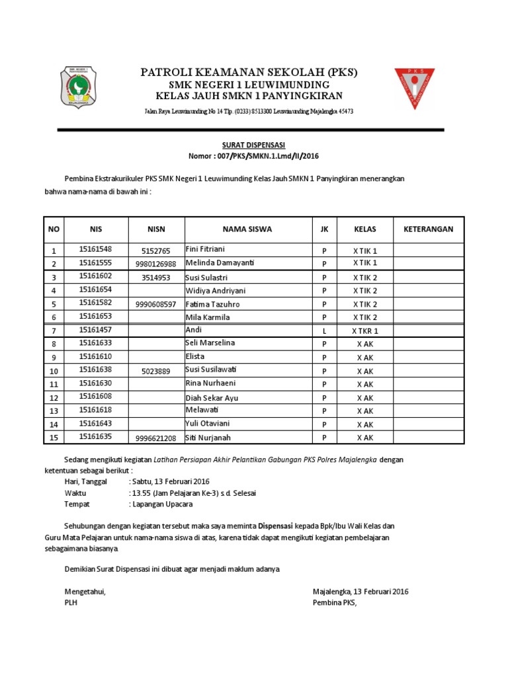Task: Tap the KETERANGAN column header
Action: tap(429, 229)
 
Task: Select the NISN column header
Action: tap(156, 229)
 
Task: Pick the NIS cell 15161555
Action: tap(95, 263)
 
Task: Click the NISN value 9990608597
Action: tap(156, 305)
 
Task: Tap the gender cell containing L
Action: tap(324, 331)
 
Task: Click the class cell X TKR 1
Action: tap(365, 331)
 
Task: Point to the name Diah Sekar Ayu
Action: tap(212, 398)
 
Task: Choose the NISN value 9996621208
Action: tap(156, 438)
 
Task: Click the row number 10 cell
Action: tap(54, 371)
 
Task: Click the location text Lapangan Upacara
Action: tap(163, 504)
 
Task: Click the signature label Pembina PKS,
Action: tap(334, 603)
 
